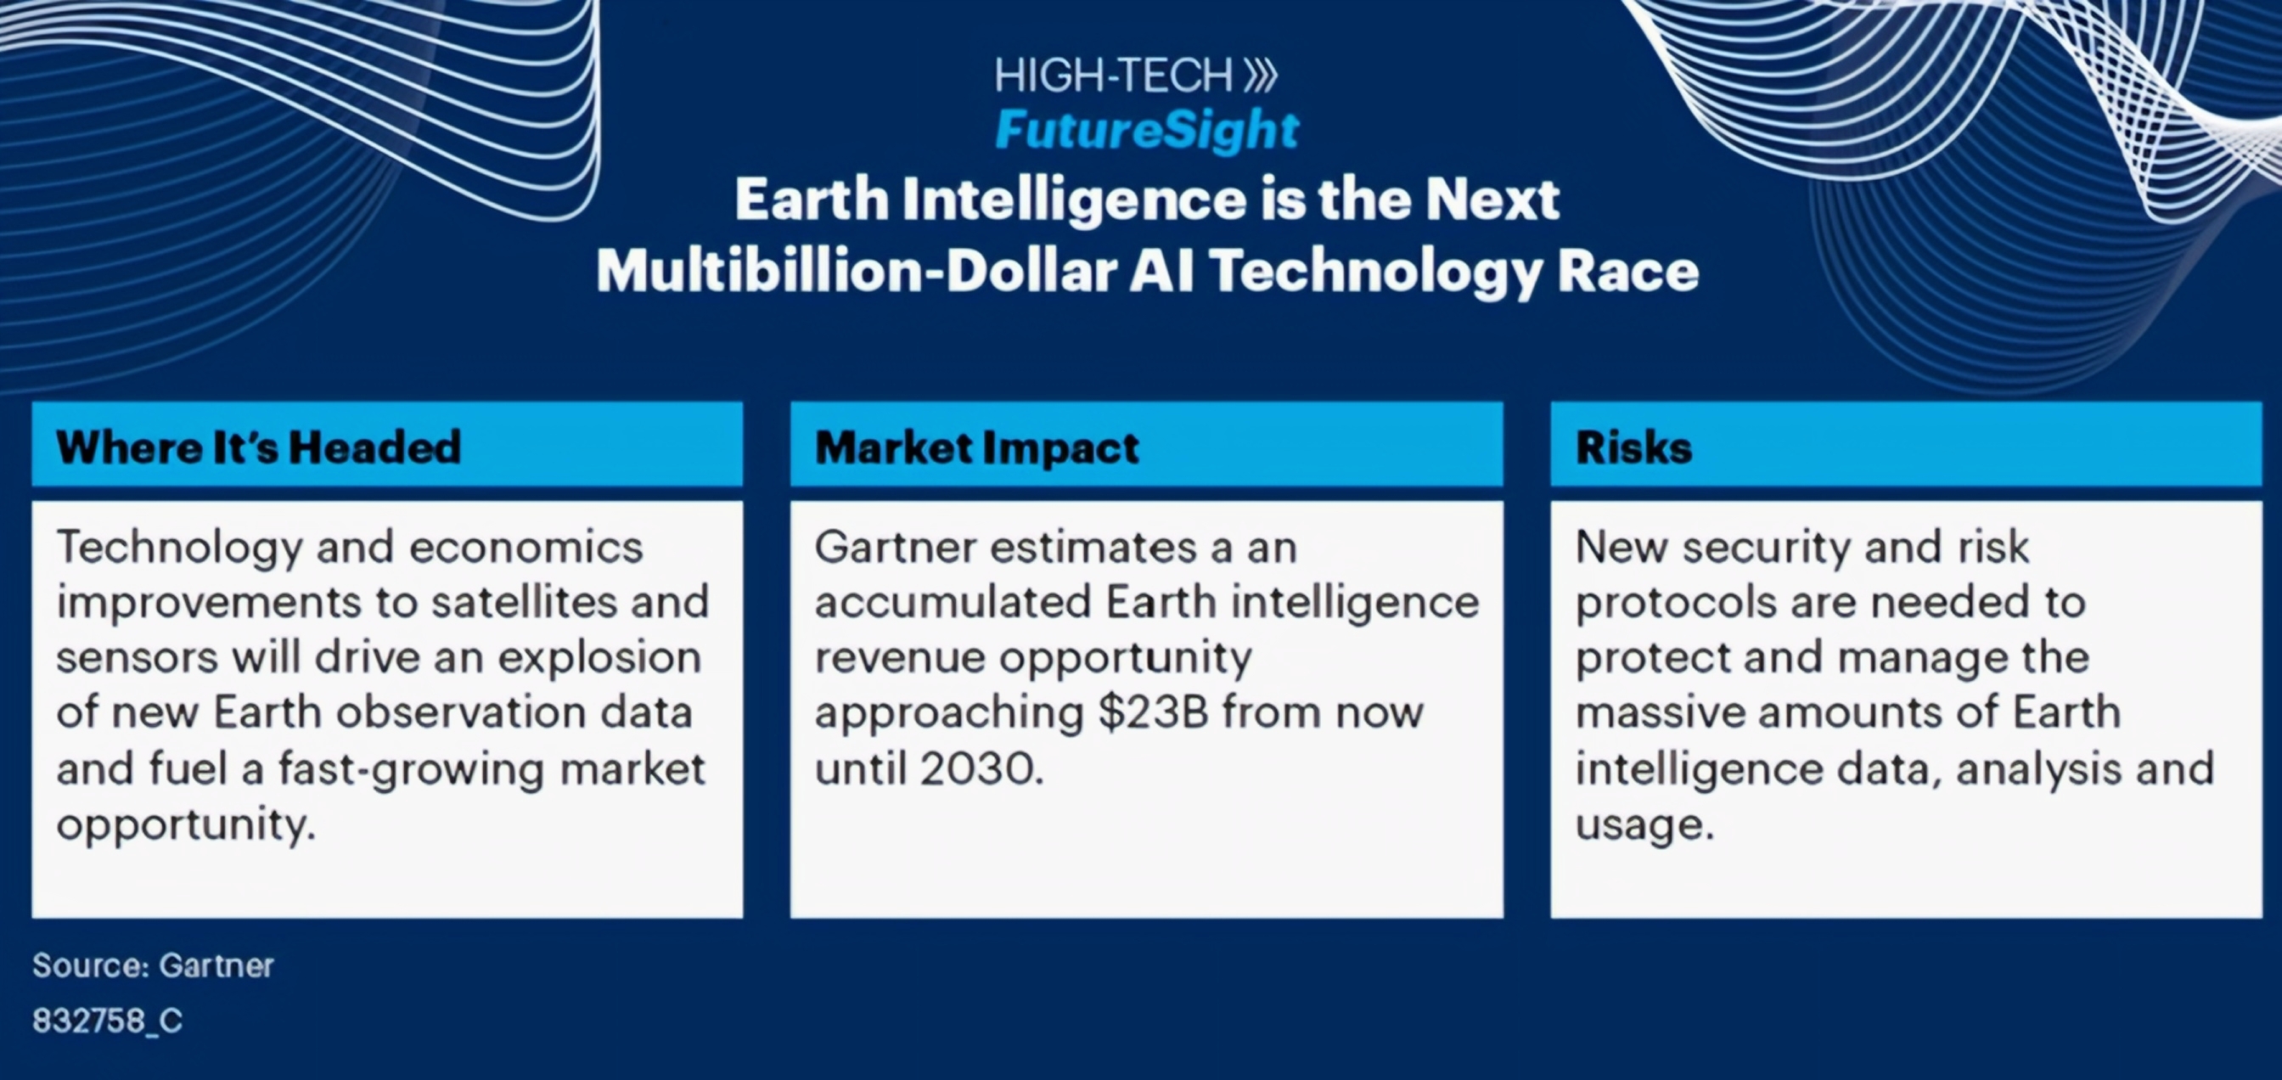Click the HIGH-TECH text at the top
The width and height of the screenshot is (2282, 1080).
tap(1113, 76)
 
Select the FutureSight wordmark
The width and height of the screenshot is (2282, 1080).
tap(1147, 131)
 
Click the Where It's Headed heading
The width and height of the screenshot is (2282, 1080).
tap(259, 447)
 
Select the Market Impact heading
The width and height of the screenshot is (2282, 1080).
tap(977, 447)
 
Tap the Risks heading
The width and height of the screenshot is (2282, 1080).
tap(1633, 447)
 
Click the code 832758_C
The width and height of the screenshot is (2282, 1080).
tap(107, 1021)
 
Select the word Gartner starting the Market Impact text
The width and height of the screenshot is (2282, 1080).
tap(895, 547)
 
